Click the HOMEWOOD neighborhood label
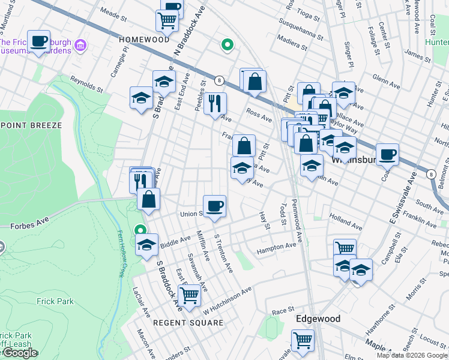click(144, 39)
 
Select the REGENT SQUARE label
click(188, 323)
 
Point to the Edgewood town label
click(318, 319)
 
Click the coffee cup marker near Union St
click(214, 207)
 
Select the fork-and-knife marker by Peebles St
click(214, 103)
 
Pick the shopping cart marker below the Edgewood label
click(303, 340)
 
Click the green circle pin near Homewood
click(227, 44)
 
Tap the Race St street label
click(281, 312)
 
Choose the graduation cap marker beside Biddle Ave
click(146, 245)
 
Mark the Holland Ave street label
click(347, 224)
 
